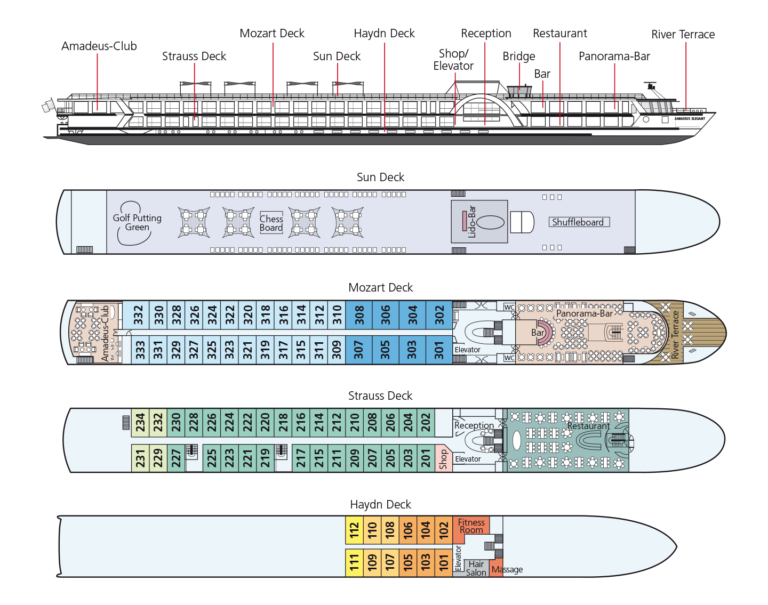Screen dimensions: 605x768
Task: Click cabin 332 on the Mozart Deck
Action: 138,315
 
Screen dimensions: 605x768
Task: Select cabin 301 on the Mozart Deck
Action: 439,350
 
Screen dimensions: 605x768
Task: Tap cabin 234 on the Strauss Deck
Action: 140,423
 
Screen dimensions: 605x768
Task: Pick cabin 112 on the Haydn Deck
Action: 354,530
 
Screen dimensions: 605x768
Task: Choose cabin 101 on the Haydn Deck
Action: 444,562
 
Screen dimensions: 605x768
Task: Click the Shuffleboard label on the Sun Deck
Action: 579,222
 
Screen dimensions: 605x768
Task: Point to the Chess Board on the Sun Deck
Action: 271,223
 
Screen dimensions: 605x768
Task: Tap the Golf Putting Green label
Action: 137,222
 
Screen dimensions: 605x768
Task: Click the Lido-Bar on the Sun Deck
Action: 479,222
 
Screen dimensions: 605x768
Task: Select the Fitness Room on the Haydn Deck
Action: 471,526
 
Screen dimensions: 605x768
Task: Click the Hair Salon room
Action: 476,568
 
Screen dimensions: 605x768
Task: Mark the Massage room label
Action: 507,569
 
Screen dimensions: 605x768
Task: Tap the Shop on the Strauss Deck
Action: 443,458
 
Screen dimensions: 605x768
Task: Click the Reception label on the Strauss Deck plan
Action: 474,425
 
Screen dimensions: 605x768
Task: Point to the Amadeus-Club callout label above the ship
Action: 99,46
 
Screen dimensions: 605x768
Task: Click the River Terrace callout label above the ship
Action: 683,35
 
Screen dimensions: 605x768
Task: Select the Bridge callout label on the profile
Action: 518,57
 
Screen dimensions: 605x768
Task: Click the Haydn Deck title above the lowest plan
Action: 380,504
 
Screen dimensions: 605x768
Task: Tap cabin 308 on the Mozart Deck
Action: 359,315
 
